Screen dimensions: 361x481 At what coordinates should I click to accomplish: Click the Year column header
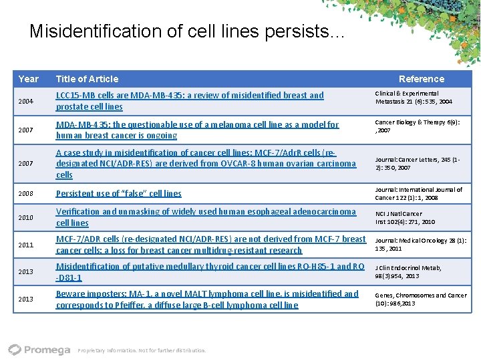28,79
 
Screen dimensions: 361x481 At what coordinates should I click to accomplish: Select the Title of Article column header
87,79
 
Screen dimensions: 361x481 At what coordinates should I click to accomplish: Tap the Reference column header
421,79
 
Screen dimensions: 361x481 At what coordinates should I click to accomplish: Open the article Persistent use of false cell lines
118,194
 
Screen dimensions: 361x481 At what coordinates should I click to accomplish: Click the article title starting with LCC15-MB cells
189,101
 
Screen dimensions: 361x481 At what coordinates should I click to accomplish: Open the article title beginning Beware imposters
207,299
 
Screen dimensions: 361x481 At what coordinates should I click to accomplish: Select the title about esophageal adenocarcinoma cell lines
206,217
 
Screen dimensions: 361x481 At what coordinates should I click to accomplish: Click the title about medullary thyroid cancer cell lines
210,272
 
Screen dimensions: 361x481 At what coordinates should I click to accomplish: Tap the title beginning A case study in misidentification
206,164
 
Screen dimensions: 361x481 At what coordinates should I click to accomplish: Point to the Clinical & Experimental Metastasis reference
413,98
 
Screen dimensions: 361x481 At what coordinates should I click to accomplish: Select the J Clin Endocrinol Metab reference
408,272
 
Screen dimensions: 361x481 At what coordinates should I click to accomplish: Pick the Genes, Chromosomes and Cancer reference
421,299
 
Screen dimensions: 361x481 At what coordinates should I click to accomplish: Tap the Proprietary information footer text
142,350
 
